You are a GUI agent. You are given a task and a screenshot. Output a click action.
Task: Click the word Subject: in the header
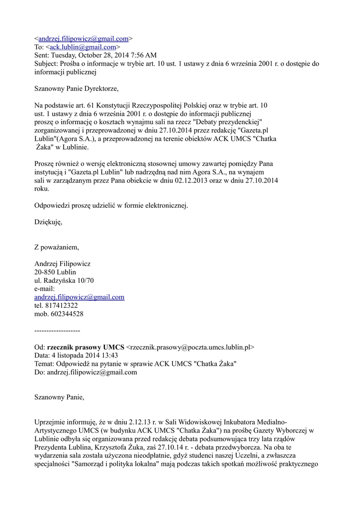pyautogui.click(x=47, y=64)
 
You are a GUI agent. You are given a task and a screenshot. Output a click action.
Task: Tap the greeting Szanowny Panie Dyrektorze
pyautogui.click(x=77, y=89)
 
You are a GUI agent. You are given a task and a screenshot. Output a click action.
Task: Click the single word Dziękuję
pyautogui.click(x=49, y=222)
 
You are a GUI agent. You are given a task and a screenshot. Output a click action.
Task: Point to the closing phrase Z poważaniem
pyautogui.click(x=56, y=247)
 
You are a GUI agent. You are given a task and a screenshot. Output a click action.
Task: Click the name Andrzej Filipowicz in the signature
pyautogui.click(x=62, y=264)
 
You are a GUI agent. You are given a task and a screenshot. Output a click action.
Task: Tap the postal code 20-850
pyautogui.click(x=45, y=272)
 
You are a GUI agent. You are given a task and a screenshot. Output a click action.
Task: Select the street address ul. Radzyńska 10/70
pyautogui.click(x=64, y=280)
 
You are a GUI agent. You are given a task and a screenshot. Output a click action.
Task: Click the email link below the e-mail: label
pyautogui.click(x=79, y=297)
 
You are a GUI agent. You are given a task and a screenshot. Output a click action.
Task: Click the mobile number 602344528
pyautogui.click(x=66, y=314)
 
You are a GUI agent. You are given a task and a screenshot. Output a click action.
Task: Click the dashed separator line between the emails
pyautogui.click(x=57, y=331)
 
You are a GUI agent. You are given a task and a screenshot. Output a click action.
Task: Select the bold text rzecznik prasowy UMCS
pyautogui.click(x=86, y=347)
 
